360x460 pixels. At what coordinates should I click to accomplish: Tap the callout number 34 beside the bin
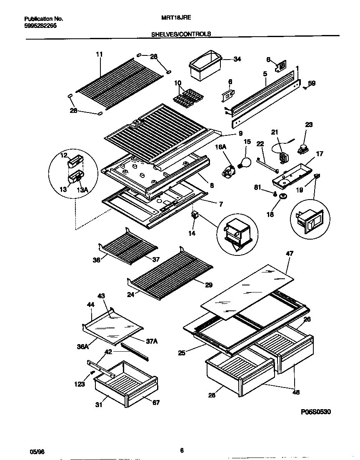[x=237, y=59]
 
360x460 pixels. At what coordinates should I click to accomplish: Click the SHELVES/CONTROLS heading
[x=180, y=34]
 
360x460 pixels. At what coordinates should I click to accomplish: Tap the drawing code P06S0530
[x=315, y=412]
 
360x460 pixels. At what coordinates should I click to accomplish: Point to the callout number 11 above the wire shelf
[x=99, y=54]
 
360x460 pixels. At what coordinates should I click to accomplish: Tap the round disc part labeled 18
[x=283, y=197]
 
